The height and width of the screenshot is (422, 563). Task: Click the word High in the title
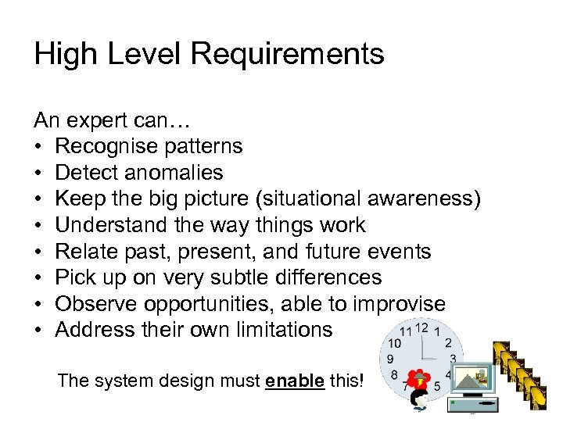[x=63, y=54]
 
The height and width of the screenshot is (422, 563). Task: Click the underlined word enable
[x=295, y=381]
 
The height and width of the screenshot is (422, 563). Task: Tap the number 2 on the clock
[x=448, y=343]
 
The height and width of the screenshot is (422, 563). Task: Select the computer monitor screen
[x=472, y=381]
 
